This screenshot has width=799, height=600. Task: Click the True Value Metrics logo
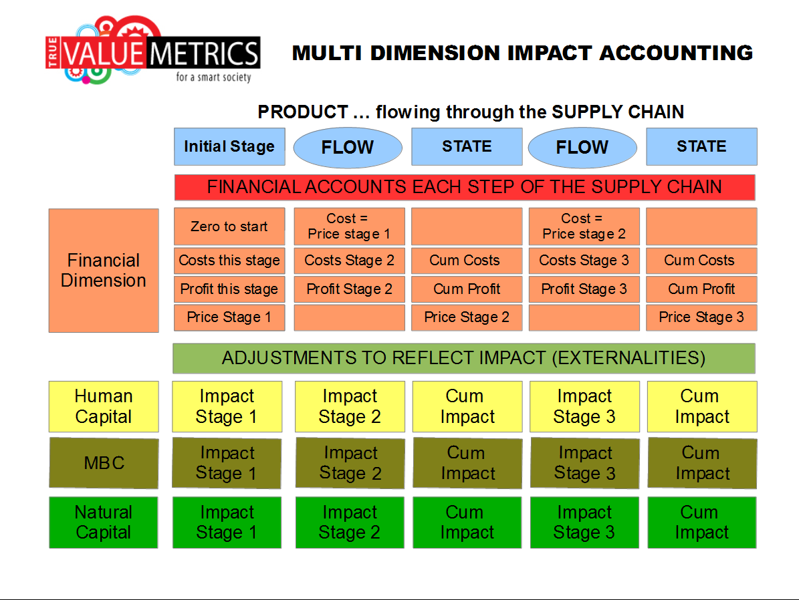[x=153, y=51]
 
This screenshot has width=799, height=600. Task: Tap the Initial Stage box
[x=229, y=147]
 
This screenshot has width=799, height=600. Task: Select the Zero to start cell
[x=229, y=227]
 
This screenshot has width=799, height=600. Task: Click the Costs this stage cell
[x=229, y=261]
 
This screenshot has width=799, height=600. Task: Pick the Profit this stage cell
[x=229, y=289]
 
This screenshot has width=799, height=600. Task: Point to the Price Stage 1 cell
[x=229, y=317]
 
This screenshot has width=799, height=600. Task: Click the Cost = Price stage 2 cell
[x=584, y=227]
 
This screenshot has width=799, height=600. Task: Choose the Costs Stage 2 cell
[x=350, y=261]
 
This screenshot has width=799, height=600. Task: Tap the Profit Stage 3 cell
[x=584, y=289]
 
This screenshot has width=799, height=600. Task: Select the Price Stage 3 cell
[x=701, y=317]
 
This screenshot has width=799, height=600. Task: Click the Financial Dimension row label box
[x=104, y=271]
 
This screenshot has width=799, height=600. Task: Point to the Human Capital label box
[x=104, y=406]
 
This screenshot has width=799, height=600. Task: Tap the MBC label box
[x=104, y=463]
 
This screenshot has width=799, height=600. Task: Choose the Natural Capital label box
[x=104, y=522]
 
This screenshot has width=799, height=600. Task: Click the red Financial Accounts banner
[x=465, y=188]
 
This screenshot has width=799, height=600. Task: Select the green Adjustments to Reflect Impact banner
[x=464, y=358]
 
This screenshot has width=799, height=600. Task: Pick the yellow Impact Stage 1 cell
[x=227, y=406]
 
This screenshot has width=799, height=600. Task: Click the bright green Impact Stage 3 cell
[x=584, y=522]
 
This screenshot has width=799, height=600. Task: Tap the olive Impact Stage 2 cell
[x=350, y=463]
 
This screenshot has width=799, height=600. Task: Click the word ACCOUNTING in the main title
[x=676, y=53]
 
